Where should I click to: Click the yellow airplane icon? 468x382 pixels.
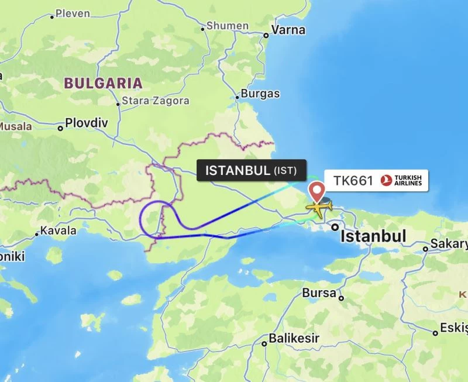click(319, 208)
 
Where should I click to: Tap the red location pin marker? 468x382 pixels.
click(317, 191)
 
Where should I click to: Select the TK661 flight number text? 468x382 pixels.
click(353, 181)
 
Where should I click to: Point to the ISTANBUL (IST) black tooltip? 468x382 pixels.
click(251, 171)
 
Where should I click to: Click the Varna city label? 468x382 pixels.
click(288, 30)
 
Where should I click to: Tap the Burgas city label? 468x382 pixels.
click(260, 94)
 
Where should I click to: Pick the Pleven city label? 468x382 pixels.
click(73, 13)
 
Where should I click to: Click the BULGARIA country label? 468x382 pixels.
click(104, 83)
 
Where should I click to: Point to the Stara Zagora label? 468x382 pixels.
click(154, 101)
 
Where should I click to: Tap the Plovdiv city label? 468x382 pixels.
click(87, 123)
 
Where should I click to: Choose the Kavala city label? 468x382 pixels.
click(58, 230)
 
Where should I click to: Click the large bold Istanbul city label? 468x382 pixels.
click(373, 236)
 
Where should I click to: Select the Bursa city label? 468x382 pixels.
click(319, 293)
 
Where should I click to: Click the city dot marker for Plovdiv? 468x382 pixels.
click(60, 127)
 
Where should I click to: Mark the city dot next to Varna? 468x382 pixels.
click(266, 35)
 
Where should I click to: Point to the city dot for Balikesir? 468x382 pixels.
click(264, 343)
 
